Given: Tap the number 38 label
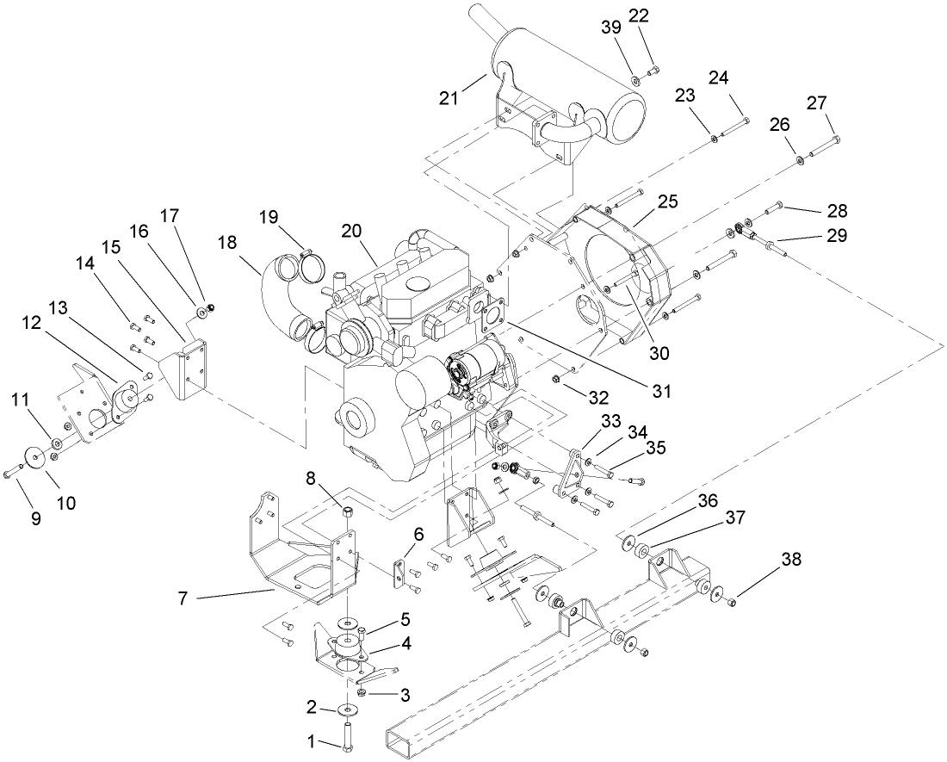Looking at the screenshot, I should point(791,560).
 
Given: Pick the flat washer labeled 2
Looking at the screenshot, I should point(350,709).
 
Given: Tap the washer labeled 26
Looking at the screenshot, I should point(800,158).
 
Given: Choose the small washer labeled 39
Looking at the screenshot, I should point(634,81).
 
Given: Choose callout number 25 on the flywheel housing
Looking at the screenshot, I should point(668,202).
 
